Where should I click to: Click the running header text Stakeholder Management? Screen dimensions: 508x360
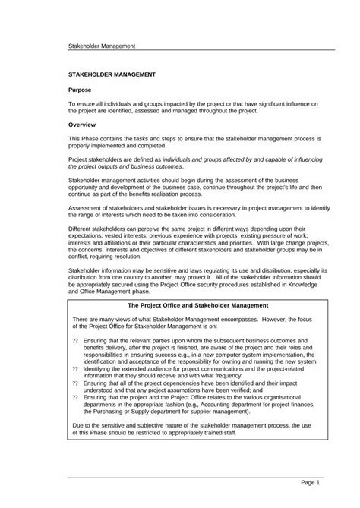click(102, 46)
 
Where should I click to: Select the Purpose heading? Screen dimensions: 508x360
click(80, 90)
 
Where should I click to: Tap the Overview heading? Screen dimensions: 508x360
click(81, 124)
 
